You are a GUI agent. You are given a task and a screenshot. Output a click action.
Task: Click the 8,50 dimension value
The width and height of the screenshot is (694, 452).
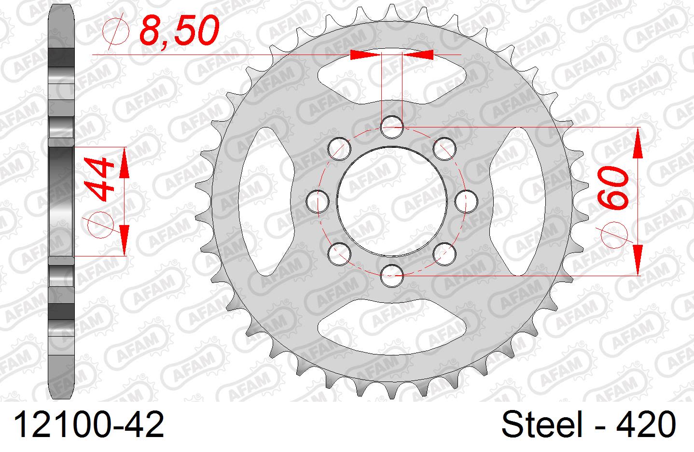179,30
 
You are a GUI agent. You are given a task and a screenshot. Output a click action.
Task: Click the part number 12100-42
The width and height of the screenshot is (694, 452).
89,424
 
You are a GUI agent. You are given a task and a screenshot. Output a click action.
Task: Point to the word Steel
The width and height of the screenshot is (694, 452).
542,424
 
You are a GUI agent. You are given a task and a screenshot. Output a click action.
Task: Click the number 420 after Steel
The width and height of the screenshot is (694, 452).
646,424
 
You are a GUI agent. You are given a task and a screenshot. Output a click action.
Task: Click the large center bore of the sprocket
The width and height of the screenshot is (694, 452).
391,202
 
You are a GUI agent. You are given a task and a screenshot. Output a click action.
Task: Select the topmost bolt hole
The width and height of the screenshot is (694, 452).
391,127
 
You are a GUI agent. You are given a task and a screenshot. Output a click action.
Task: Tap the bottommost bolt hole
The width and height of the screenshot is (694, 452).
391,276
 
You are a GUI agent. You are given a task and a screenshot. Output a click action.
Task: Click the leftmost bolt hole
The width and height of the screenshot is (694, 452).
318,202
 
